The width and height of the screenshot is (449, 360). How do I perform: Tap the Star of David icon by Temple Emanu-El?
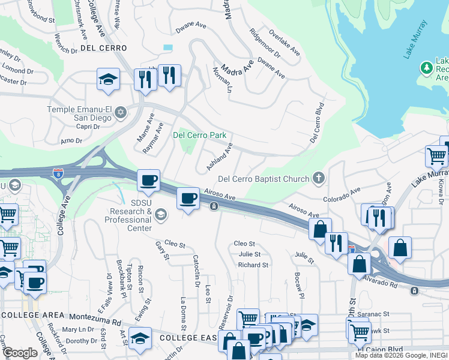click(x=121, y=112)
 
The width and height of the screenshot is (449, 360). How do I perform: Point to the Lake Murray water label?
click(x=415, y=40)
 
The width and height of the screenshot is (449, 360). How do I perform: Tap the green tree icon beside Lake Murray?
click(x=427, y=68)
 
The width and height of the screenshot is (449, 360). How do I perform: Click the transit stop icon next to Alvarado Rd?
click(x=414, y=291)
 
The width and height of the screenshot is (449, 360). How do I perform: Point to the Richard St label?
click(x=252, y=265)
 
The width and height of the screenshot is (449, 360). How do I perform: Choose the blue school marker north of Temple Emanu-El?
click(x=109, y=79)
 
